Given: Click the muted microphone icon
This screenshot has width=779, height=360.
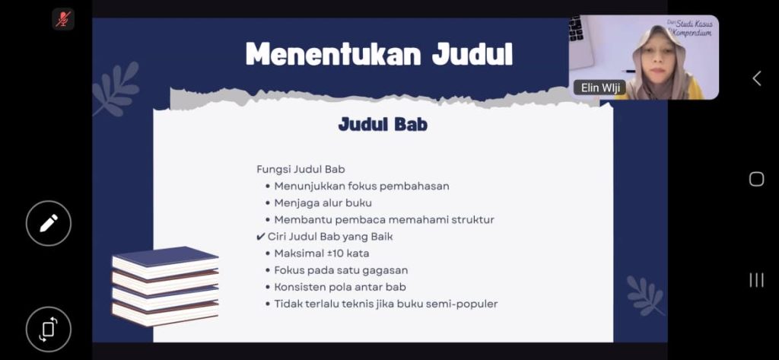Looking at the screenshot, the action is pyautogui.click(x=63, y=19).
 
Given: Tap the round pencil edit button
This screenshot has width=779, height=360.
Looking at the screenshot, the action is pyautogui.click(x=48, y=223).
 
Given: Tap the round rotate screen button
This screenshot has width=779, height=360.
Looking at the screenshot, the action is pyautogui.click(x=48, y=329).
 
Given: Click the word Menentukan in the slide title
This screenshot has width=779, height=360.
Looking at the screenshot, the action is pyautogui.click(x=333, y=54).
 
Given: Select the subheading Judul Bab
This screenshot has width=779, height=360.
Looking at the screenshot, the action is pyautogui.click(x=383, y=124).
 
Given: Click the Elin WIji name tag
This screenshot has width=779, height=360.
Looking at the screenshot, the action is pyautogui.click(x=599, y=88).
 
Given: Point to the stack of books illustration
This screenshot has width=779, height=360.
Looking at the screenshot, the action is pyautogui.click(x=165, y=286).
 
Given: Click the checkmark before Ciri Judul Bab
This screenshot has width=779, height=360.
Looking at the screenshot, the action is pyautogui.click(x=260, y=237).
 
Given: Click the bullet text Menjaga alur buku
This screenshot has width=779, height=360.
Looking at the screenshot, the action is pyautogui.click(x=323, y=203).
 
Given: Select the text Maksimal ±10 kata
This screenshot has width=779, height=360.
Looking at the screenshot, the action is pyautogui.click(x=322, y=253).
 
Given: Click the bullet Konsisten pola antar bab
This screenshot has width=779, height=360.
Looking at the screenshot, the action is pyautogui.click(x=340, y=287).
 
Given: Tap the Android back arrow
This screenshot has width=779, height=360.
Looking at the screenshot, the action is pyautogui.click(x=756, y=78).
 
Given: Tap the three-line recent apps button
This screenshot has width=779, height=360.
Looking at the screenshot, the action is pyautogui.click(x=756, y=280).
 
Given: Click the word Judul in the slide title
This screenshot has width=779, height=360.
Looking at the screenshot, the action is pyautogui.click(x=472, y=54).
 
